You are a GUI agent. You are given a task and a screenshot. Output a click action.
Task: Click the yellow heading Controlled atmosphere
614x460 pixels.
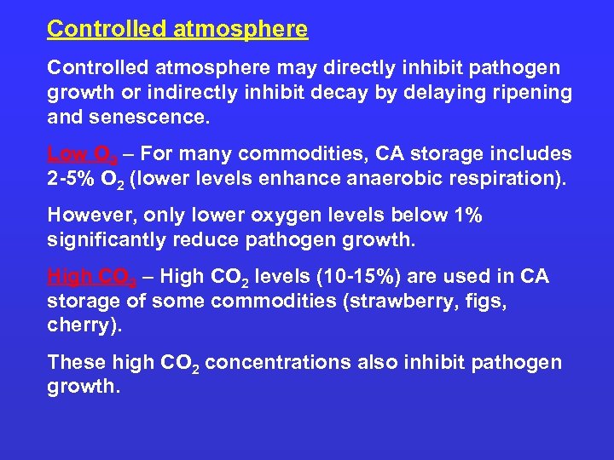click(177, 29)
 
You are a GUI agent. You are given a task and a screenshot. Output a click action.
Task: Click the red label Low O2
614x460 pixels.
click(78, 154)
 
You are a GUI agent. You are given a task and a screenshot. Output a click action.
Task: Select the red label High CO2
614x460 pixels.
click(88, 277)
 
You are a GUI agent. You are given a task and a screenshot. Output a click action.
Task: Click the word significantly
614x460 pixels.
click(107, 240)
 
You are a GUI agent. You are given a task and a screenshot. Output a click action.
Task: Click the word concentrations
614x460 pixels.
click(278, 363)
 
